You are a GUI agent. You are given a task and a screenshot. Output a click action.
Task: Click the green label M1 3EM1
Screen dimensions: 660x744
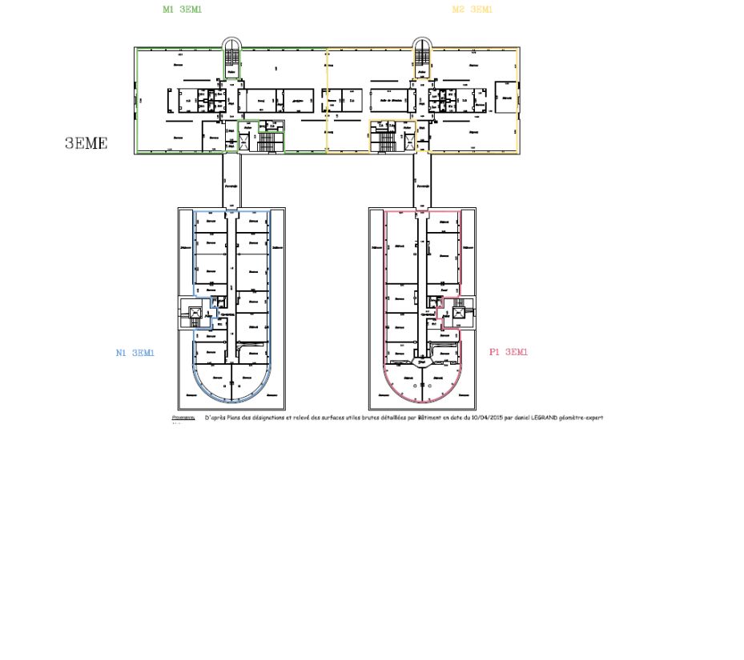(x=182, y=10)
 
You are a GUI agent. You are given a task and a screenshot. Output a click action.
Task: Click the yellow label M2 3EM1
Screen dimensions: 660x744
(x=472, y=10)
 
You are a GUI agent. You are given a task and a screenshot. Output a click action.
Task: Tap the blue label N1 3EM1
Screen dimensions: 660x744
(x=135, y=352)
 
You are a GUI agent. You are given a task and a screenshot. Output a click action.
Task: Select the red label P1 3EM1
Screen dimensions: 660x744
(x=509, y=352)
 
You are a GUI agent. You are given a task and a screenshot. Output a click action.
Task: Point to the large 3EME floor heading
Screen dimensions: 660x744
(x=86, y=144)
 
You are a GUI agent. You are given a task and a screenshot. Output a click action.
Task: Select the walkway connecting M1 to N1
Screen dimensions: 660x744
(x=231, y=181)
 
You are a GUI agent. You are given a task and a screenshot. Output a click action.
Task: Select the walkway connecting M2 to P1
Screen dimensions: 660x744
(x=422, y=181)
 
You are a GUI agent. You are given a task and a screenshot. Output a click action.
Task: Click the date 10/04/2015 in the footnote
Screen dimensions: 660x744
(x=489, y=418)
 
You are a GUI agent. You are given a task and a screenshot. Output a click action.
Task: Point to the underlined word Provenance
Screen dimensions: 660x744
(x=183, y=418)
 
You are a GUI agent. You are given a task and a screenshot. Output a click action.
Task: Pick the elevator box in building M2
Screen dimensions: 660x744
(x=410, y=142)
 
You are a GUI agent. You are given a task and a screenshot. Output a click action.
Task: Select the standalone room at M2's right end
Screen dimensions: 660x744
(x=506, y=98)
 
